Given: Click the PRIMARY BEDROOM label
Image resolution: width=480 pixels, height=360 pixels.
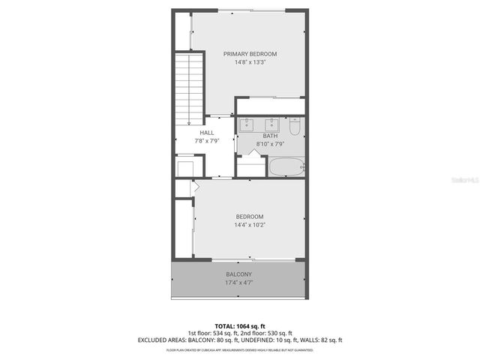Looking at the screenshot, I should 250,54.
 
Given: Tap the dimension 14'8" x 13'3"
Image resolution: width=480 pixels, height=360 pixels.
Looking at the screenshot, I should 250,62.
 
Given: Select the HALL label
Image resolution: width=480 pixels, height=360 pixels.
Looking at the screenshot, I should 206,133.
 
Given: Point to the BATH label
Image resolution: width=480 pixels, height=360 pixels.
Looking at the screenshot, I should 270,136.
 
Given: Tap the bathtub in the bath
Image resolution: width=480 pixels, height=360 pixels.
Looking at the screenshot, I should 286,167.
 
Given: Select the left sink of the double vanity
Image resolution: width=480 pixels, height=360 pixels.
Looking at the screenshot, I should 247,124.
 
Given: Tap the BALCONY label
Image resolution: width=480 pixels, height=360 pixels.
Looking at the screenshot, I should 238,274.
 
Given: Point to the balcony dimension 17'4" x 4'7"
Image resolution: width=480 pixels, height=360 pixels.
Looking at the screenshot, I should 238,283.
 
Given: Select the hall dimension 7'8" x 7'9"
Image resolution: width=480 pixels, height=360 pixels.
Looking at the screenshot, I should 206,141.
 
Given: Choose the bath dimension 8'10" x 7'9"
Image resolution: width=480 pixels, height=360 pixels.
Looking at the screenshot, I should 270,143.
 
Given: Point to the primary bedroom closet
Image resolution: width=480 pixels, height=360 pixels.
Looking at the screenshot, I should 270,106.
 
